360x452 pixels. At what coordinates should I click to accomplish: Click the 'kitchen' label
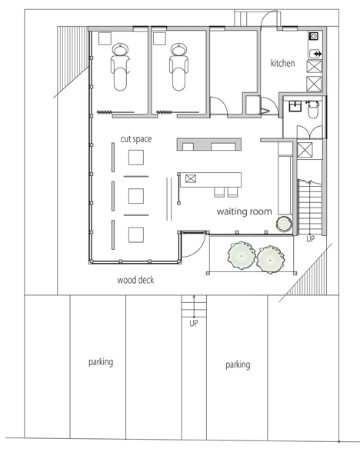pos(283,63)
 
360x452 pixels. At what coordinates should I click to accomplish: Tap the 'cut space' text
pos(136,139)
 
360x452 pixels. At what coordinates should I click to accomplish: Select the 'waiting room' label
pos(244,211)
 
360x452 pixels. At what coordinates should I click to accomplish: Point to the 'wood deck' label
pos(135,280)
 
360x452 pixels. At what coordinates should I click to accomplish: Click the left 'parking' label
pos(101,362)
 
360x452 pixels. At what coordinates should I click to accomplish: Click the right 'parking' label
pos(238,364)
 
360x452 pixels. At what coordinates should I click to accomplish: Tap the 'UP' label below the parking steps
pos(194,324)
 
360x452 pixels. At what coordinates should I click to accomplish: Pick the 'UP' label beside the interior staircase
pos(311,239)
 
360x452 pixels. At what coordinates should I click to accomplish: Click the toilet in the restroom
pos(313,109)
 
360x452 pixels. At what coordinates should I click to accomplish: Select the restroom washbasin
pos(295,106)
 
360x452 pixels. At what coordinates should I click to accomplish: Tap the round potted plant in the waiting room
pos(284,224)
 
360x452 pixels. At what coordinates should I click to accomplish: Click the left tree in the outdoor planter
pos(242,255)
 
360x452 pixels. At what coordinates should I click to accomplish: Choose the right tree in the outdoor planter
pos(270,260)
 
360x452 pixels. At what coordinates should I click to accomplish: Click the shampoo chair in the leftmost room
pos(120,68)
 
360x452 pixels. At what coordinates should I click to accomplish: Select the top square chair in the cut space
pos(136,158)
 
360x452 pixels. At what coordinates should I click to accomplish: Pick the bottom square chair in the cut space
pos(136,234)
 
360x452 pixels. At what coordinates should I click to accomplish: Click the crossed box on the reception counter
pos(191,178)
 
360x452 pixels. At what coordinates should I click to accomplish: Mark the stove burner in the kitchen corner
pos(314,36)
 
